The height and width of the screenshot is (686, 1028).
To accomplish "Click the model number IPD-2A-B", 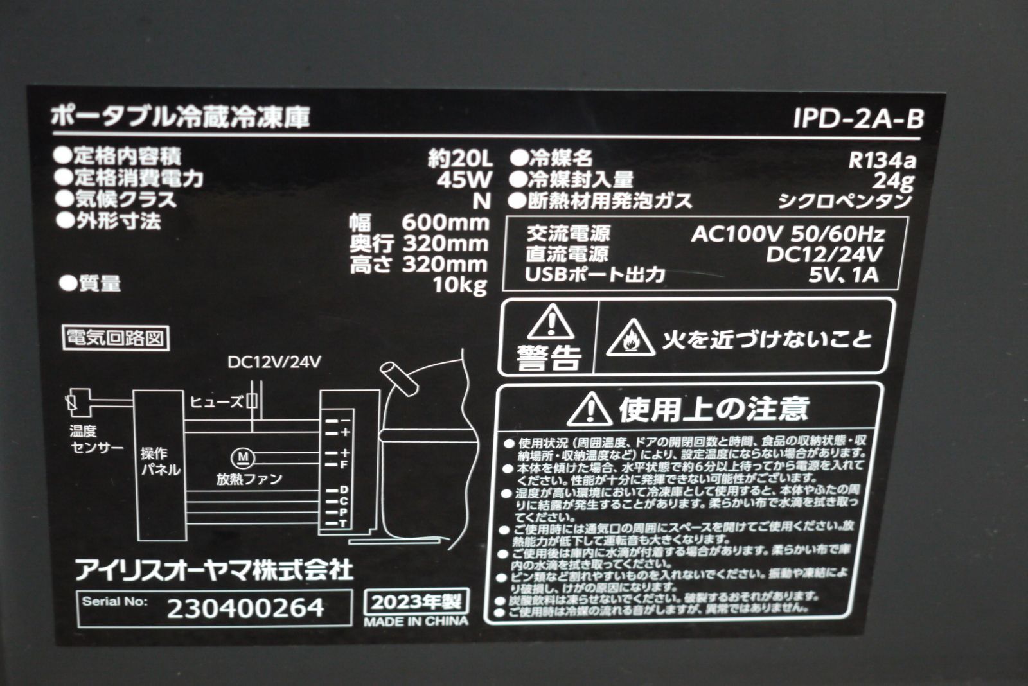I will pos(858,119).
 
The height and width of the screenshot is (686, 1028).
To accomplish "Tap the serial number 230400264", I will pos(245,608).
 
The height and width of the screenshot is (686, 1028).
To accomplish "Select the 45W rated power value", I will pos(464,179).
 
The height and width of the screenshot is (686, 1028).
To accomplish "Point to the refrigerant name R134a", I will pos(882,160).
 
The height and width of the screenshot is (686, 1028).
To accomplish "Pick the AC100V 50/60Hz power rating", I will pos(788,234).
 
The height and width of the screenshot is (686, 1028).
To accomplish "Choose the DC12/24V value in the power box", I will pos(824,254).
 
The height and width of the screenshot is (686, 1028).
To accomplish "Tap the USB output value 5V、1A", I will pos(843,275).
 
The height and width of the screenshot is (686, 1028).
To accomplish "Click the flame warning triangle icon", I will pos(630,339).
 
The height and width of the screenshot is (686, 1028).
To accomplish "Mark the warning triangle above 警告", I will pos(551,322).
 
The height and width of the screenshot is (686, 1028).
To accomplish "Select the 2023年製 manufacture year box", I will pos(416,602).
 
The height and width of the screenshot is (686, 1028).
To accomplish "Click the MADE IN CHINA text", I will pos(416,622).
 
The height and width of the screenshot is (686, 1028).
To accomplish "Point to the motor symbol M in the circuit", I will pos(243,457).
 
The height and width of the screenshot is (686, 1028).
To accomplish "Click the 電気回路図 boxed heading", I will pos(116,337).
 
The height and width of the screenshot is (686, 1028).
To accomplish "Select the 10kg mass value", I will pos(459,285).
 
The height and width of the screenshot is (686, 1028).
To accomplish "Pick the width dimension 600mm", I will pos(445,223).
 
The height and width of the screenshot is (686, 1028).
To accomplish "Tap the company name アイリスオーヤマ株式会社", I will pos(214,570).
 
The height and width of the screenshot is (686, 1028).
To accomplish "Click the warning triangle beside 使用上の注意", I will pos(589,409).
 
